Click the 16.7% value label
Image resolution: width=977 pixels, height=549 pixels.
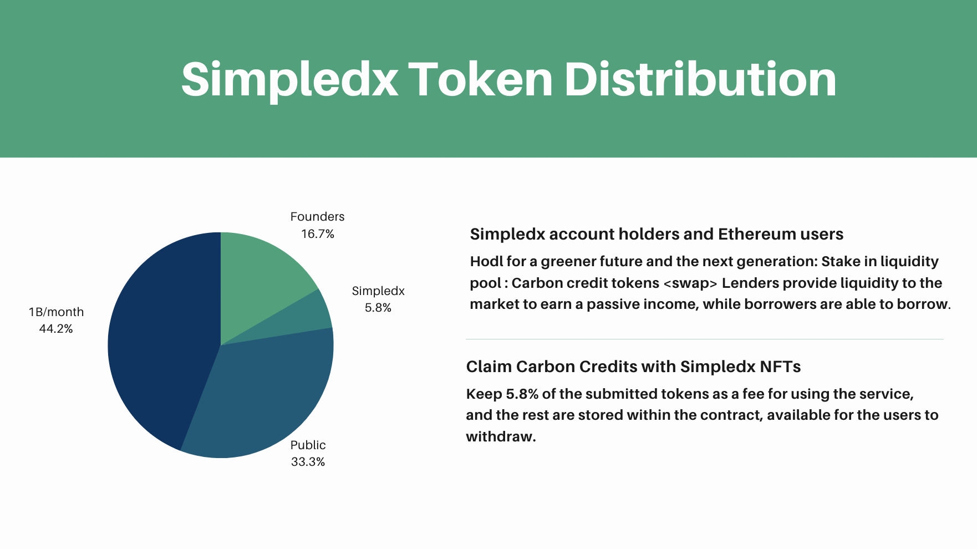click(318, 234)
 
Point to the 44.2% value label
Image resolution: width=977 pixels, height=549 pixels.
click(56, 329)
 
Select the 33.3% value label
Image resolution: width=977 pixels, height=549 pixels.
click(308, 462)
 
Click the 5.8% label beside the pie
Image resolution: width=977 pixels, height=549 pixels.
click(378, 308)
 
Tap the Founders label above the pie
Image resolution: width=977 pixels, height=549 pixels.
click(317, 217)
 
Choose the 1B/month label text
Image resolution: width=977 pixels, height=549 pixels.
click(56, 312)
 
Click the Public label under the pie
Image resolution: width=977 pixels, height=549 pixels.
click(308, 445)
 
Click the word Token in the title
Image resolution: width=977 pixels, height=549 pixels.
click(480, 80)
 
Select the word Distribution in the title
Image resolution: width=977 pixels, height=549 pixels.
click(700, 80)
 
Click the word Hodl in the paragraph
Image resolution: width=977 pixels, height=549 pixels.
click(484, 261)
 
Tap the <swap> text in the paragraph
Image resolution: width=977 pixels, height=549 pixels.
click(690, 283)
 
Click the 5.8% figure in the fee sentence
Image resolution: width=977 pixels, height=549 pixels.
click(522, 394)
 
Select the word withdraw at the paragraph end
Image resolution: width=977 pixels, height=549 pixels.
click(499, 437)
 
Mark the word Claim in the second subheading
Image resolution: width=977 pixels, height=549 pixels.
click(488, 367)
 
